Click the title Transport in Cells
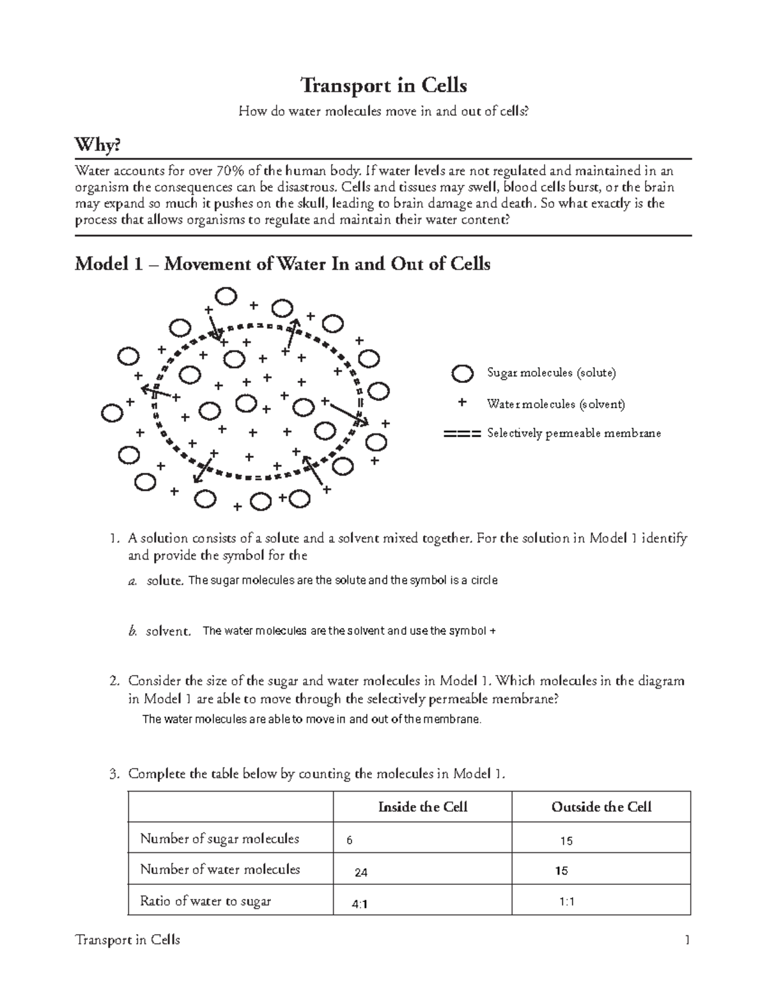[x=383, y=85]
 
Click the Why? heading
[x=97, y=146]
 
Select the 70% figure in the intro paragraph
[x=228, y=171]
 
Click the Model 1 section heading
[x=282, y=263]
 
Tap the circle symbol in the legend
[x=462, y=373]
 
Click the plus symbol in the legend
[x=462, y=403]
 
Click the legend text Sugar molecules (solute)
[x=551, y=373]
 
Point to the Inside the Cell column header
[x=422, y=807]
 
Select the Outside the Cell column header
[x=601, y=807]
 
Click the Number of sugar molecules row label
[x=219, y=838]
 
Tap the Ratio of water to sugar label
[x=205, y=901]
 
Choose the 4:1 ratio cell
[x=360, y=904]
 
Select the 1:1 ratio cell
[x=567, y=902]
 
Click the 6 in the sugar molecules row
[x=349, y=841]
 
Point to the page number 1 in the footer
[x=687, y=940]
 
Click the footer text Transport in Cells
[x=127, y=940]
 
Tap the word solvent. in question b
[x=168, y=631]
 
